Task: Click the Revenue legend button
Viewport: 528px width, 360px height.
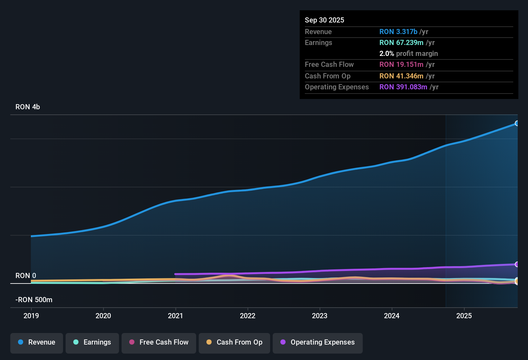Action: pyautogui.click(x=37, y=342)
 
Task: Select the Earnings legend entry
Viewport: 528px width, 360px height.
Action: pyautogui.click(x=92, y=342)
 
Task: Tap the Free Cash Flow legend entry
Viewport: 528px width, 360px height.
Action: pyautogui.click(x=159, y=342)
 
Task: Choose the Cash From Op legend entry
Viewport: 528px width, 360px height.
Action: pyautogui.click(x=234, y=342)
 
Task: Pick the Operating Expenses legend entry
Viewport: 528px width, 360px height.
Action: pyautogui.click(x=318, y=342)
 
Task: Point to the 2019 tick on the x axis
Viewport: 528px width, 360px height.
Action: pyautogui.click(x=31, y=316)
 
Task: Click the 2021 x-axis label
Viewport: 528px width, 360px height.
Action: pyautogui.click(x=176, y=316)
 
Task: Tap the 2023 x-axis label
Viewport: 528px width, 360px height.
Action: pyautogui.click(x=320, y=316)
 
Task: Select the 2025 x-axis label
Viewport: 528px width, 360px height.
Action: pyautogui.click(x=464, y=316)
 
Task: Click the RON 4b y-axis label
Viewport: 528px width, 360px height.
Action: pyautogui.click(x=28, y=107)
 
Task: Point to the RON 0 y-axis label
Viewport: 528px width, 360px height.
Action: pyautogui.click(x=26, y=276)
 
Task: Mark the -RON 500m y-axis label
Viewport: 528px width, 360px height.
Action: pyautogui.click(x=34, y=300)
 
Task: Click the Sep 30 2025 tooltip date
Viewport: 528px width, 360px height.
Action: pyautogui.click(x=324, y=20)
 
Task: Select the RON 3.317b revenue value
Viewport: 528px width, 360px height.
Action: pyautogui.click(x=398, y=32)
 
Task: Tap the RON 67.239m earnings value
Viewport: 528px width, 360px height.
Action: pyautogui.click(x=401, y=42)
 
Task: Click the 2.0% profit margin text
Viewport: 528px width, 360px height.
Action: pyautogui.click(x=408, y=53)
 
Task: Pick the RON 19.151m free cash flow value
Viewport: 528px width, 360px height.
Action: pyautogui.click(x=401, y=64)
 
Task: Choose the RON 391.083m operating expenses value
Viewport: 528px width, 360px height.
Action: pyautogui.click(x=403, y=87)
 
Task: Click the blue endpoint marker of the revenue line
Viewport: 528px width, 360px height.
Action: pyautogui.click(x=517, y=123)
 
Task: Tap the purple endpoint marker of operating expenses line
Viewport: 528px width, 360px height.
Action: pyautogui.click(x=517, y=264)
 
